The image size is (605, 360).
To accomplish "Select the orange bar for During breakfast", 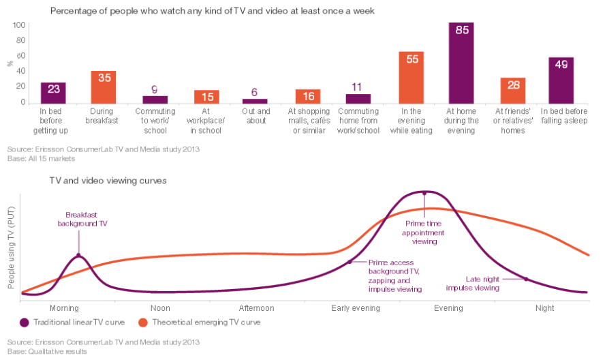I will (104, 87).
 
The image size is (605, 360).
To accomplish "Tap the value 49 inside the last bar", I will (561, 65).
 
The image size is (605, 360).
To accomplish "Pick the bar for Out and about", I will (255, 100).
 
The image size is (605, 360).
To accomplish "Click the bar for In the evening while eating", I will (412, 77).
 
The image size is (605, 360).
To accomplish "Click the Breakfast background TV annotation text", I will (82, 219).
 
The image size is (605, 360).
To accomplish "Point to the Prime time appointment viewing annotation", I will (425, 232).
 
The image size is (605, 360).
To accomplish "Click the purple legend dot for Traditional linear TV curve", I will (25, 322).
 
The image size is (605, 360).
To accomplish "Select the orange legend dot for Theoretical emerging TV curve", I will (143, 322).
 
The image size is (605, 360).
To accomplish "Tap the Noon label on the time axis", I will (160, 308).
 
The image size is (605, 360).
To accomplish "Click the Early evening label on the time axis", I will (356, 308).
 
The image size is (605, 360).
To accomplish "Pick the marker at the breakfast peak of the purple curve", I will (78, 256).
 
